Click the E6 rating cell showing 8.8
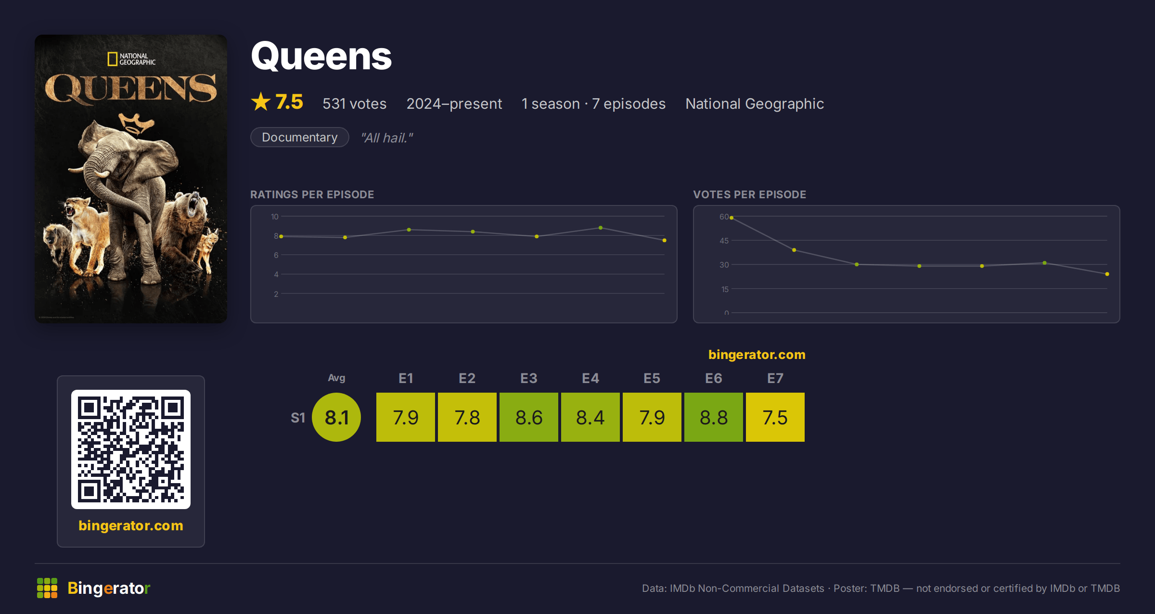coord(714,417)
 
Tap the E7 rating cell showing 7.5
coord(775,417)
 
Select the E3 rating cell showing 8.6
coord(529,417)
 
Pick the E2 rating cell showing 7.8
coord(467,417)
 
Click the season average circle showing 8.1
coord(336,417)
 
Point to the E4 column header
coord(590,378)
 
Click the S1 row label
coord(298,418)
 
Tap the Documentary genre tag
coord(299,137)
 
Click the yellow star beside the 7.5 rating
coord(261,102)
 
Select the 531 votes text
coord(354,103)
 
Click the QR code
coord(131,449)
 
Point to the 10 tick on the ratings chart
coord(275,217)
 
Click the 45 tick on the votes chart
coord(724,241)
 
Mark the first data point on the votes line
coord(731,218)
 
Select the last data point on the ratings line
coord(665,240)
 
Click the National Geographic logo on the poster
coord(131,59)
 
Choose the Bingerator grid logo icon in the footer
coord(47,588)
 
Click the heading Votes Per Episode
coord(749,194)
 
